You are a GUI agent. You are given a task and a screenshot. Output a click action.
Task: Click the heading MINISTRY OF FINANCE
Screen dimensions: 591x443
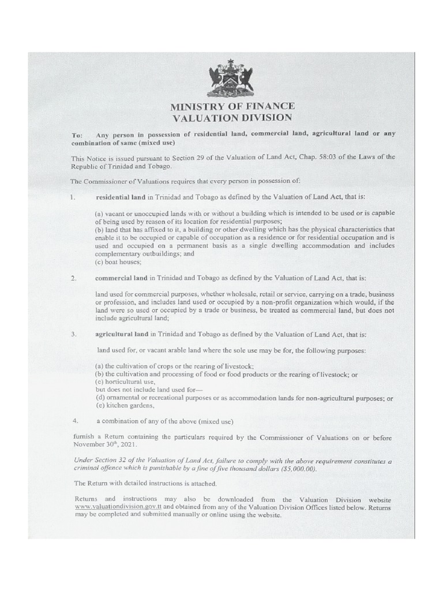click(x=231, y=106)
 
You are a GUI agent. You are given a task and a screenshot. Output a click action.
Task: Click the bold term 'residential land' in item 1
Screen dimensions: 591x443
click(x=120, y=197)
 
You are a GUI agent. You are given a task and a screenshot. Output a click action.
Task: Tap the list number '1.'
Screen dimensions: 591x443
click(x=73, y=197)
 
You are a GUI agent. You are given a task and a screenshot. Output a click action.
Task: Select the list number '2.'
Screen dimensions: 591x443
click(x=74, y=278)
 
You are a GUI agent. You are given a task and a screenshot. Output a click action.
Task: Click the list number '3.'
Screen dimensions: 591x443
click(x=74, y=335)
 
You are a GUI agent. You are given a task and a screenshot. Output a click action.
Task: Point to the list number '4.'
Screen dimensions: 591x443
click(x=75, y=419)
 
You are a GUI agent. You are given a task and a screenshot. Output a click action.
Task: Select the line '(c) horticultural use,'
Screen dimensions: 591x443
click(x=125, y=381)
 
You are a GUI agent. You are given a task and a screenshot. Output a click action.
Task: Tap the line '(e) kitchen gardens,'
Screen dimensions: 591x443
click(x=123, y=405)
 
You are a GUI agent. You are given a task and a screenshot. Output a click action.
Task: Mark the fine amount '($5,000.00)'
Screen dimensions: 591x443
click(x=295, y=469)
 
